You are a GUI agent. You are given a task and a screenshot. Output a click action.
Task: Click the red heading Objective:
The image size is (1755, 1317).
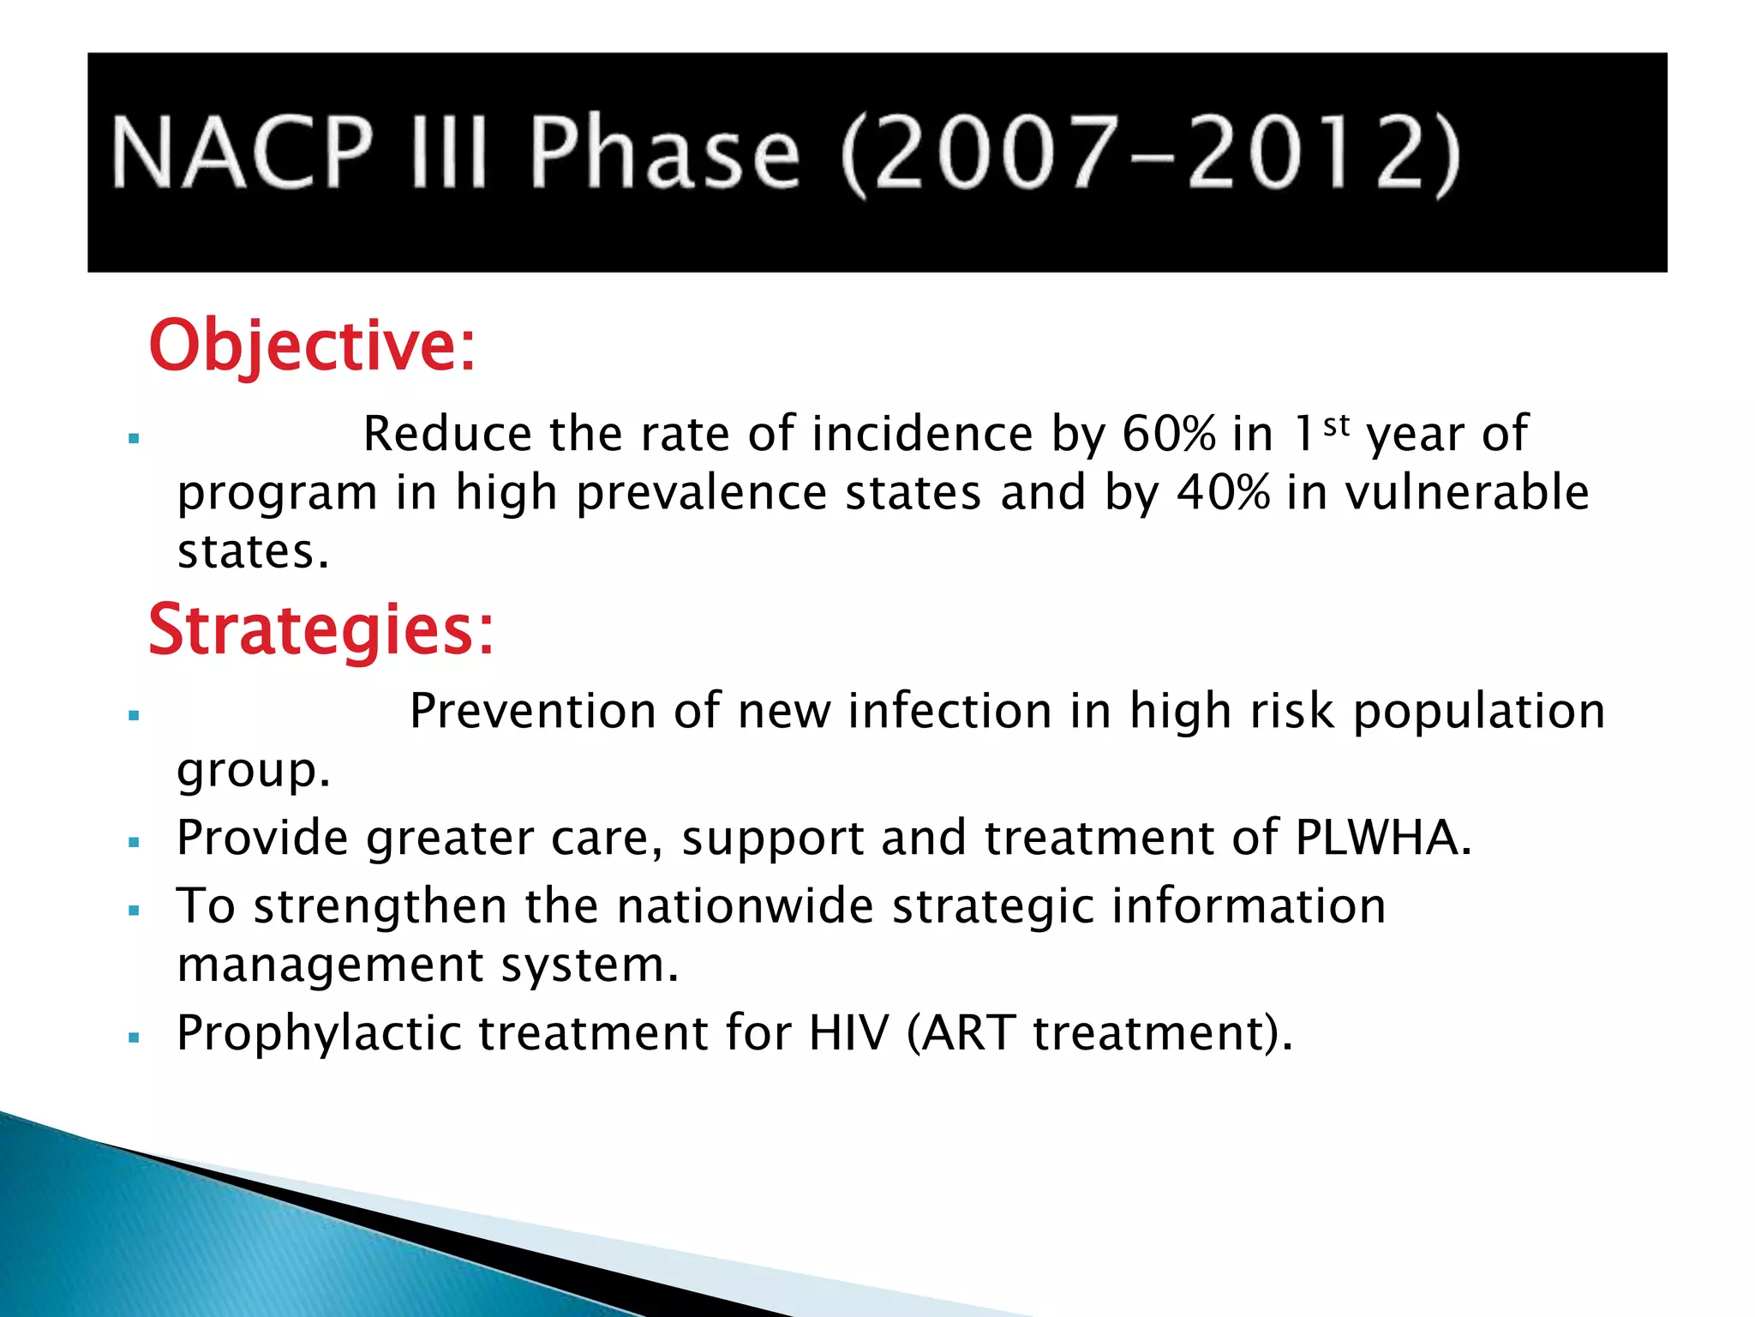[x=312, y=346]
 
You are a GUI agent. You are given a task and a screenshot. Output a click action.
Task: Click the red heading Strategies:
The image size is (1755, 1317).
[x=321, y=630]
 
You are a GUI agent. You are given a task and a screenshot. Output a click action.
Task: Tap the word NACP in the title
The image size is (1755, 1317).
[x=243, y=153]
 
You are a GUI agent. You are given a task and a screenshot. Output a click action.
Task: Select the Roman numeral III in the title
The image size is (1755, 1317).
[x=448, y=153]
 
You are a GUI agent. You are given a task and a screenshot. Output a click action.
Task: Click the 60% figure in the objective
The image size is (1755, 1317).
[x=1168, y=434]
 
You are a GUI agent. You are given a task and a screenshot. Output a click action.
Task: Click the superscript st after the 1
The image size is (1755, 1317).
[x=1337, y=424]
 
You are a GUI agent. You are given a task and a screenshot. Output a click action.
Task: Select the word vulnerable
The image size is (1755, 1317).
[x=1466, y=493]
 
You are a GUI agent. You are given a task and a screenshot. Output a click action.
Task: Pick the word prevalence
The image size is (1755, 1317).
[x=701, y=493]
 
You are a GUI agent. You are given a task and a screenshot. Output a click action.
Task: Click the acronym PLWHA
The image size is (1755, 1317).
[x=1382, y=838]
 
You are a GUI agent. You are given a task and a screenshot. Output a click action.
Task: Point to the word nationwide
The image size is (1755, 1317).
[x=744, y=906]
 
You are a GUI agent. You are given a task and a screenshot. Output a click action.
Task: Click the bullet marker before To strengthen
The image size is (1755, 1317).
[x=134, y=911]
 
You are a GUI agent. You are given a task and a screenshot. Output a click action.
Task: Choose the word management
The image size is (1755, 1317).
[x=329, y=965]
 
